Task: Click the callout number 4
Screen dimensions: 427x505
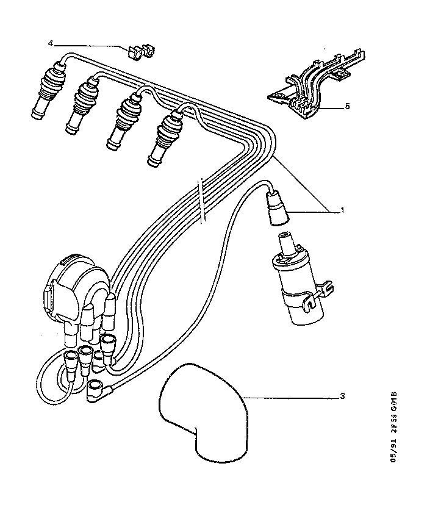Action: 51,43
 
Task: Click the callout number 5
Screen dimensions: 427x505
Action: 348,106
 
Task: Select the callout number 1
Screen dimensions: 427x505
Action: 342,210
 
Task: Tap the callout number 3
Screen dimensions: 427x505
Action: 342,396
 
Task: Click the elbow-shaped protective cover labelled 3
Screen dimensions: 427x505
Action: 203,412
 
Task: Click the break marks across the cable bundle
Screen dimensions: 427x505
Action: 202,200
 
